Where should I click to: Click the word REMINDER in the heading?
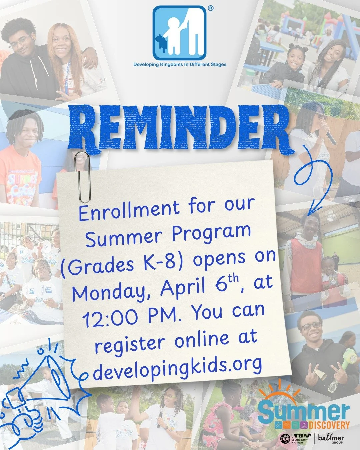point(180,128)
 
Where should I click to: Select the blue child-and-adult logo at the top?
point(179,33)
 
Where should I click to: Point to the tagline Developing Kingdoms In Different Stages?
point(180,64)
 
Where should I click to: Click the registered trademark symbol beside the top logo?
point(210,9)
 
